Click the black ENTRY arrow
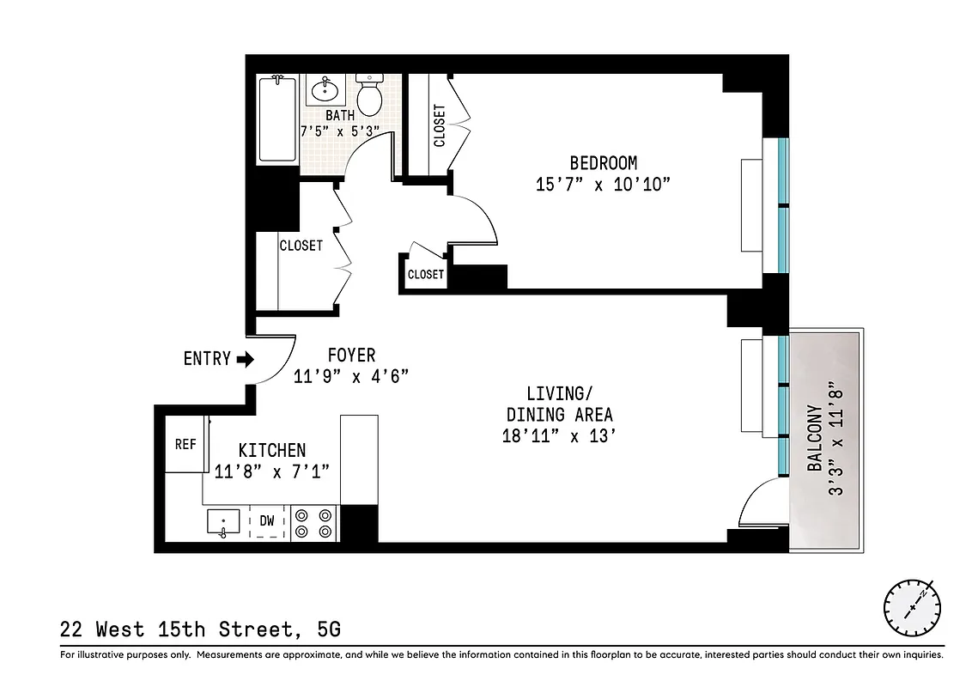(246, 359)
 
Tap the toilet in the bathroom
(369, 94)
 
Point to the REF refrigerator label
(185, 444)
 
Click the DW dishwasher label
(267, 520)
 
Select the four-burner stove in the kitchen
(313, 523)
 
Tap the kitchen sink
(223, 522)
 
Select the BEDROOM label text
(604, 162)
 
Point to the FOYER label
(351, 355)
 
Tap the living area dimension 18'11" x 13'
(560, 435)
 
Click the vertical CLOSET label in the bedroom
(440, 125)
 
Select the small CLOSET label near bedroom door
(426, 274)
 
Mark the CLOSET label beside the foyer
(301, 246)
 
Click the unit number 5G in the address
(329, 629)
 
